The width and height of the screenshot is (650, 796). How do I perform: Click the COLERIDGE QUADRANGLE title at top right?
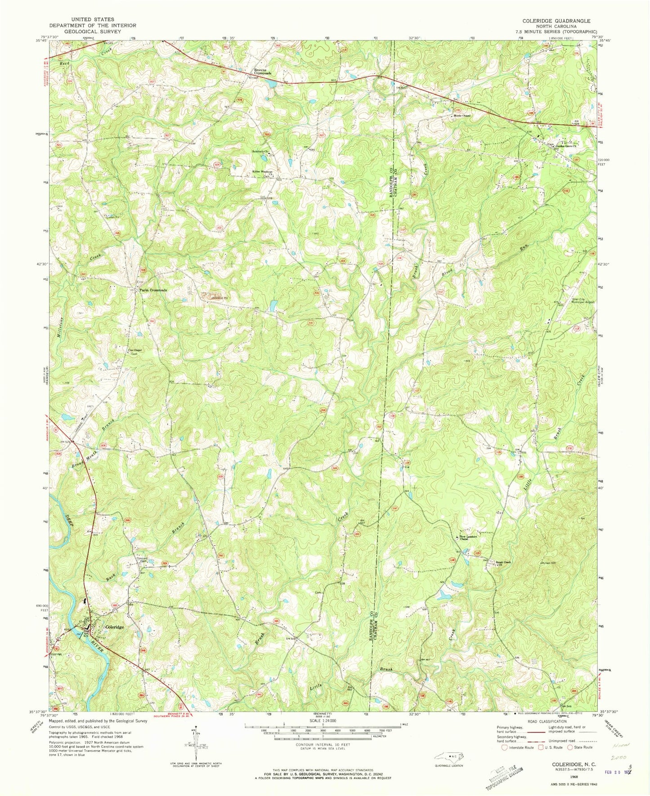556,21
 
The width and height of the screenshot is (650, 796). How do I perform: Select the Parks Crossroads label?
153,290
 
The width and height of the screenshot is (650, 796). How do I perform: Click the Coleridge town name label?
114,627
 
